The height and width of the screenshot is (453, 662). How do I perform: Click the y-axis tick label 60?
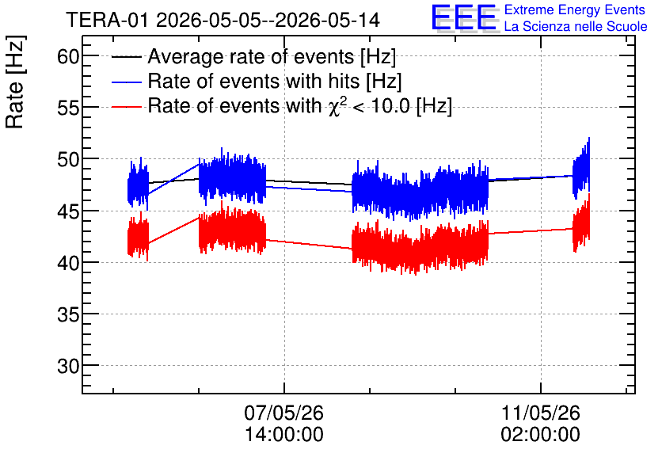68,56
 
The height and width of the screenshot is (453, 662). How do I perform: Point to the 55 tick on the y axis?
68,108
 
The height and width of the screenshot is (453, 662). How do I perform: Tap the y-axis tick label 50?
68,160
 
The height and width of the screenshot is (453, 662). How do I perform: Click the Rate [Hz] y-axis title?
15,82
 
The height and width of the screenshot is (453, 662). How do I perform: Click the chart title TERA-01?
107,20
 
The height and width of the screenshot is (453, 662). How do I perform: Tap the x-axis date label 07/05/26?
283,413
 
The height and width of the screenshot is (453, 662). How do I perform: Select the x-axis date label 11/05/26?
540,413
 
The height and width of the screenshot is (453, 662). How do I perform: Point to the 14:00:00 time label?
283,434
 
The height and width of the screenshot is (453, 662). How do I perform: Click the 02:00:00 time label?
540,434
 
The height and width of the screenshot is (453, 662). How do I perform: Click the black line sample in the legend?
126,57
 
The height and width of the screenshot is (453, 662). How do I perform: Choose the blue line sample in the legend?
126,82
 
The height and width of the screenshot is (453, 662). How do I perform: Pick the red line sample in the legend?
126,106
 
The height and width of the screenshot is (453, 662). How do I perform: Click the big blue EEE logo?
464,17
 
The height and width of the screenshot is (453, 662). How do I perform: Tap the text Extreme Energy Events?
575,10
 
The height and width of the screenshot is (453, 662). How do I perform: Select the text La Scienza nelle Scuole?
576,26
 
